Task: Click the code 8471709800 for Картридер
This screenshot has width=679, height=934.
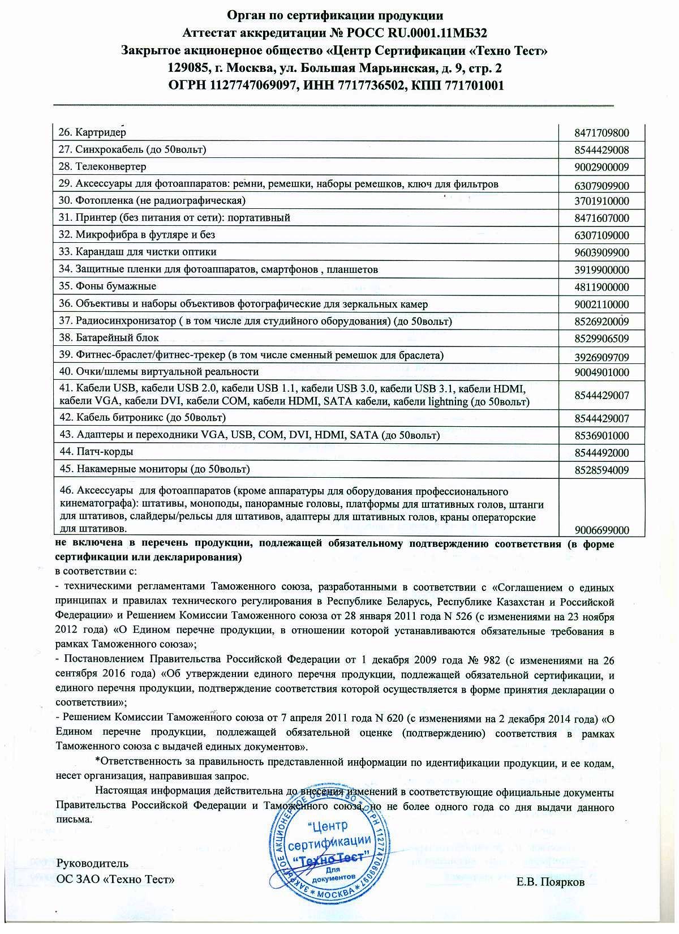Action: (x=601, y=134)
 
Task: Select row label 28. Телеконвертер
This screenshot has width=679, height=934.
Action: (x=102, y=166)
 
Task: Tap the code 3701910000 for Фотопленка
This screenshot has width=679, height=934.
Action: (x=601, y=201)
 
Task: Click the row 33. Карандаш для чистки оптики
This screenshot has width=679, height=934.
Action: (x=138, y=251)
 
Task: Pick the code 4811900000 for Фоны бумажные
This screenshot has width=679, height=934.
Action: (x=601, y=287)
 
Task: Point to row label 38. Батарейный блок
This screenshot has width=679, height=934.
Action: (x=109, y=337)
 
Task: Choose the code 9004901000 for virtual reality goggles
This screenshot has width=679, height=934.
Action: (x=601, y=372)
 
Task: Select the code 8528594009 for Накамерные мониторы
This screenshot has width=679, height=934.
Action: (x=601, y=470)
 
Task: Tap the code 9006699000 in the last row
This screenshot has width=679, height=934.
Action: (x=601, y=530)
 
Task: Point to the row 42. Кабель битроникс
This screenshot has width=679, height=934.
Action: (x=143, y=417)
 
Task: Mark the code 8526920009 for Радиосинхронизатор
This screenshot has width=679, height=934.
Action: (x=601, y=322)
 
